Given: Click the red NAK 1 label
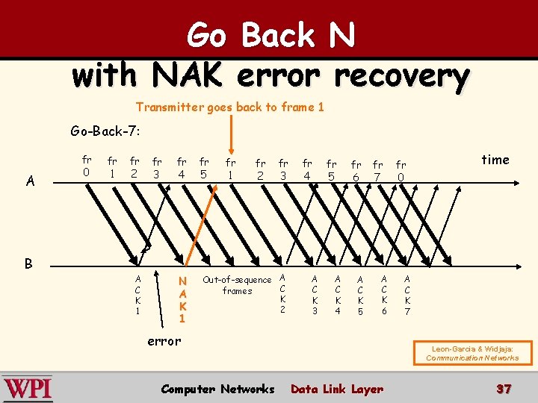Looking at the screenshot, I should coord(182,299).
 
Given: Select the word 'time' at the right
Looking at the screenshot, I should coord(495,160).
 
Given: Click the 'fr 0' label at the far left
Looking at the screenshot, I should coord(87,166).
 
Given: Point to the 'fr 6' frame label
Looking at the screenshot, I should coord(356,172).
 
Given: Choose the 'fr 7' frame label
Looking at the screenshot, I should coord(378,171).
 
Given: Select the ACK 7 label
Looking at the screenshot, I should coord(407,296).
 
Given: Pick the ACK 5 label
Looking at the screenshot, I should coord(360,296).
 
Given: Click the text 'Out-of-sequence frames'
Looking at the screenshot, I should coord(237,285).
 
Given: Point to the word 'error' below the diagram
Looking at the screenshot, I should coord(164,341).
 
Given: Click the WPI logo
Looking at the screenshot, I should coord(28,389).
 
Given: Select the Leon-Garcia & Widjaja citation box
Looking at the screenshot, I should coord(472,352).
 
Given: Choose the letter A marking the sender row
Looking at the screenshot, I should coord(29,180).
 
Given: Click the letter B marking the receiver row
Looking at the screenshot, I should coord(28,263).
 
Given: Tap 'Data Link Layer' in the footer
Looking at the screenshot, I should coord(336,389).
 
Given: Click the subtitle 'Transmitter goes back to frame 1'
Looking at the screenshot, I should coord(230,107).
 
